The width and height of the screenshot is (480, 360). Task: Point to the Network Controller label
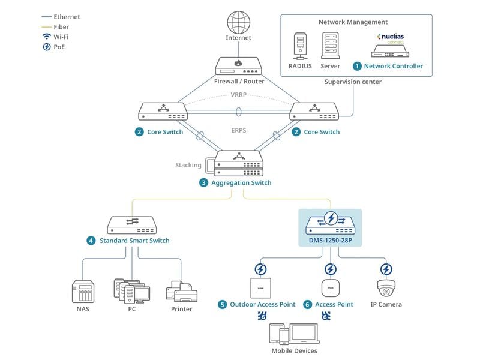pos(393,66)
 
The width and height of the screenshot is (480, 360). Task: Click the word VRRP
pos(239,95)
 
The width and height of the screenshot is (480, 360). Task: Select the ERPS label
pos(239,130)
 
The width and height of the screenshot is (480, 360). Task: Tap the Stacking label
pos(188,165)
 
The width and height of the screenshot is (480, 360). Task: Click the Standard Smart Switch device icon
pos(131,224)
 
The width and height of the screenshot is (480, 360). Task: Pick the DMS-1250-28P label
pos(331,240)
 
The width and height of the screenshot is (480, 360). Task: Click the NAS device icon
pos(83,292)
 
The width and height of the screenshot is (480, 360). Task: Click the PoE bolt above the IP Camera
pos(386,269)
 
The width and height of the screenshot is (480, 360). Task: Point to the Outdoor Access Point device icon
pos(261,287)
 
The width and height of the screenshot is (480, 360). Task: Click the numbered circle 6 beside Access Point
pos(307,304)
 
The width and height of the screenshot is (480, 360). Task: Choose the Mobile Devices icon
pos(294,334)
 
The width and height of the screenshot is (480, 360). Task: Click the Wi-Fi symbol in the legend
pos(46,36)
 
